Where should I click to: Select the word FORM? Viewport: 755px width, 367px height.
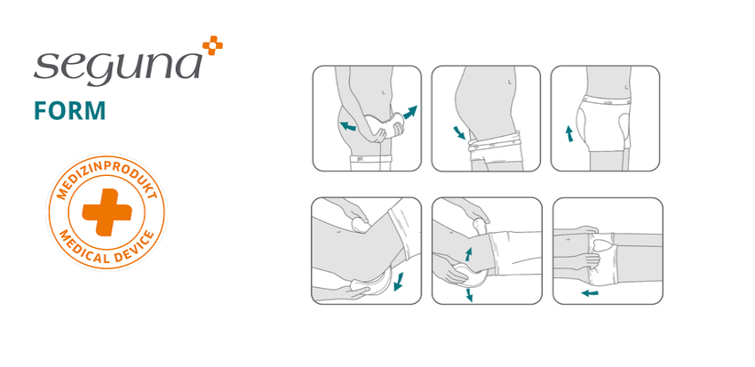70,110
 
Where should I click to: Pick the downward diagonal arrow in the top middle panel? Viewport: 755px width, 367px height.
459,133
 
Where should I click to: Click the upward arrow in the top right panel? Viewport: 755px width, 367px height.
570,134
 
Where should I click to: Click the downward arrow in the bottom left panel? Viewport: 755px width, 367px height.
397,281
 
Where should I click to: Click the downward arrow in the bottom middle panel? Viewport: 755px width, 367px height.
469,294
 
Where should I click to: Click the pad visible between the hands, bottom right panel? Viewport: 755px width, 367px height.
604,243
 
